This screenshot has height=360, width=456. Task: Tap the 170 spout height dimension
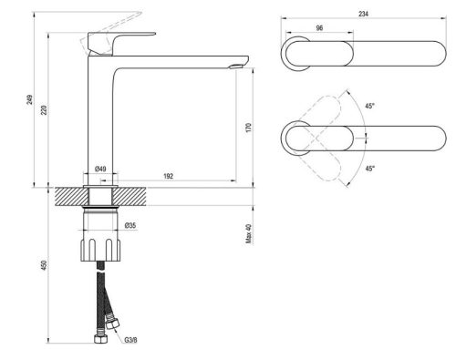[248, 128]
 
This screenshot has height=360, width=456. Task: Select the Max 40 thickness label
[248, 235]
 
